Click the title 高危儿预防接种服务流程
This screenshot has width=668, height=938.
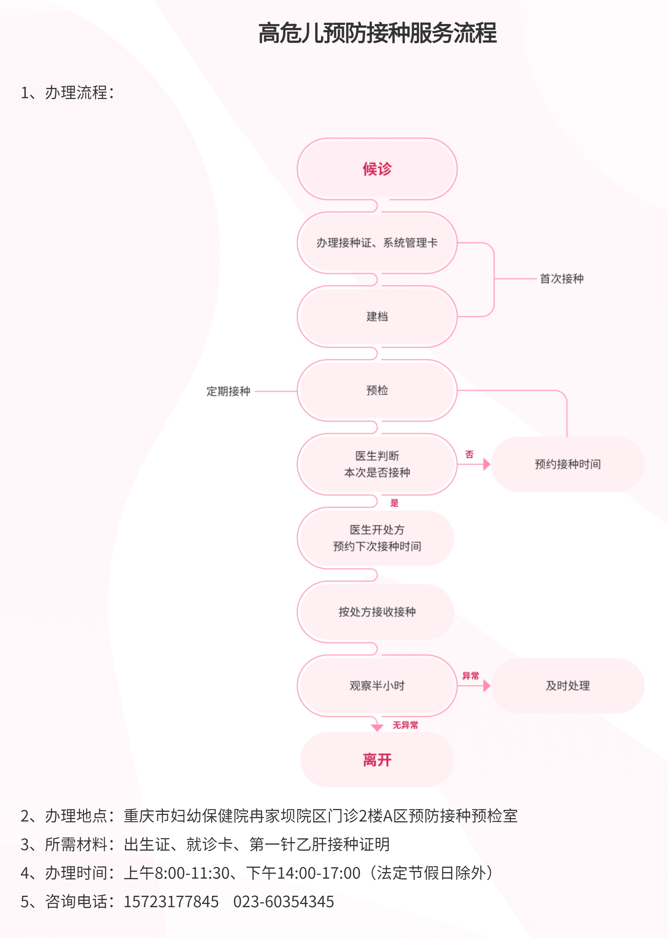(x=377, y=33)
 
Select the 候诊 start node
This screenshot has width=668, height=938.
(x=377, y=169)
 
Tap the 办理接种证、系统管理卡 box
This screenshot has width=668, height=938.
(x=377, y=243)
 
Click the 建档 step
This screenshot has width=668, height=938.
(x=377, y=316)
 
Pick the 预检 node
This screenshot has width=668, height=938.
(x=377, y=391)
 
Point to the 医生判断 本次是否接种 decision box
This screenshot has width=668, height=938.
(x=377, y=464)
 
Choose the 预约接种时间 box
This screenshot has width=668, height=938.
(x=568, y=464)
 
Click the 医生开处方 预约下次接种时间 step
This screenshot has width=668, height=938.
(x=377, y=538)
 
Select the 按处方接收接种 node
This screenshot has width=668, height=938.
(x=377, y=612)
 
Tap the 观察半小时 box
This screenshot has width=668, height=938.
(x=377, y=685)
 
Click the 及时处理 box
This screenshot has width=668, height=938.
(x=568, y=685)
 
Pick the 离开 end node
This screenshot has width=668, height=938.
(x=377, y=760)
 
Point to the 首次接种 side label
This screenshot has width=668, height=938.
(x=562, y=279)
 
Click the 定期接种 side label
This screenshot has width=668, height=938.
(x=228, y=391)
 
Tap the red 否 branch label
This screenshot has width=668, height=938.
(x=469, y=454)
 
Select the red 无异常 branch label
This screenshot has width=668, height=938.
(x=405, y=725)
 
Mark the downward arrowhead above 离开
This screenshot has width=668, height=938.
(x=377, y=728)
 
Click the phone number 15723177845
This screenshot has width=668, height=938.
(x=171, y=901)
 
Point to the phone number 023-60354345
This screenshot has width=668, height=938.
(x=283, y=901)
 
